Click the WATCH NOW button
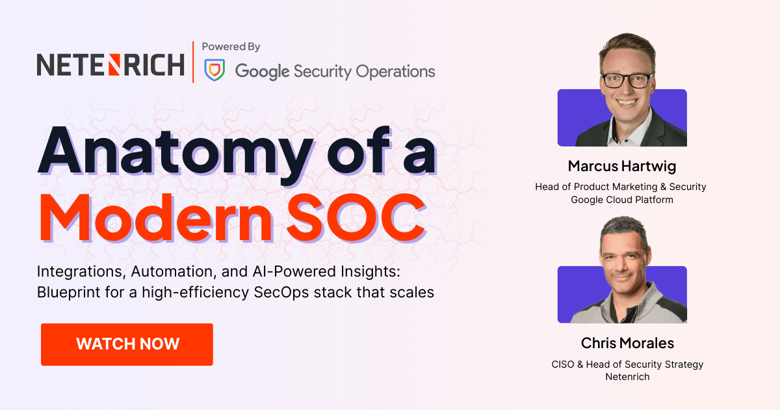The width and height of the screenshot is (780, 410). [127, 344]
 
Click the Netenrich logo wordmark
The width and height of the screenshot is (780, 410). [110, 64]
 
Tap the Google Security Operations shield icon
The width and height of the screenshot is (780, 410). [214, 70]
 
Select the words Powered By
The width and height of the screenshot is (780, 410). [231, 47]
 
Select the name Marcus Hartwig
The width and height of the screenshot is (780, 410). [622, 166]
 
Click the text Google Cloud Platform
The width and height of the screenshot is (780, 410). [622, 200]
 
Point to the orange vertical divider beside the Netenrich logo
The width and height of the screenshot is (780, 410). [193, 62]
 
